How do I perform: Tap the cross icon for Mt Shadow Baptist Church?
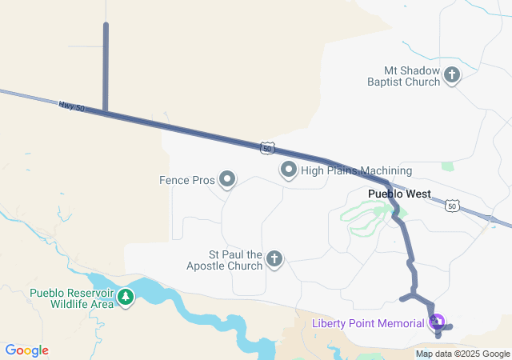click(x=452, y=76)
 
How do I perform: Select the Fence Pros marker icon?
click(x=227, y=179)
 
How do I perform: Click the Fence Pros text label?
click(x=187, y=180)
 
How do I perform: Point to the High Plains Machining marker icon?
click(x=288, y=170)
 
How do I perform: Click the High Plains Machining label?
click(x=356, y=170)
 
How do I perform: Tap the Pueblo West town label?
click(x=399, y=194)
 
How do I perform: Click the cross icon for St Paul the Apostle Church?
click(x=274, y=258)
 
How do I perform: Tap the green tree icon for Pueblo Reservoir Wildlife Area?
click(x=126, y=298)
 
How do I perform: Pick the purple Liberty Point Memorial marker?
click(x=437, y=322)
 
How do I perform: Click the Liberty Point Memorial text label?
click(x=368, y=323)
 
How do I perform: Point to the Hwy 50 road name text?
click(x=71, y=105)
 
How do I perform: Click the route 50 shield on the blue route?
click(x=268, y=148)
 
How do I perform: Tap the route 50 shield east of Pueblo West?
click(x=453, y=206)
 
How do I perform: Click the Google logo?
click(x=27, y=350)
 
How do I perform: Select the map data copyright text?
click(x=462, y=354)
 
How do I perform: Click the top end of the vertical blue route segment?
click(x=106, y=26)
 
